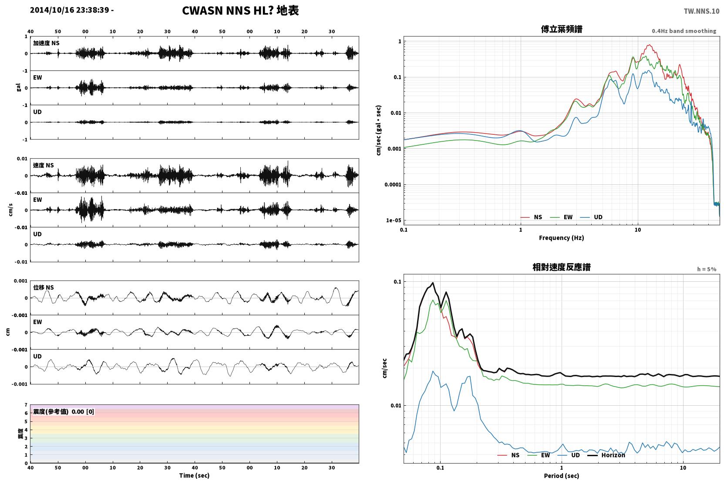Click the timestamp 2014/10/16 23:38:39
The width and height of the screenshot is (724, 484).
click(70, 10)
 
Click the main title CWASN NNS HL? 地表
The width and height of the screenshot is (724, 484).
click(240, 11)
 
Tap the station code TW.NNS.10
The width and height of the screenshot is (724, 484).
click(701, 11)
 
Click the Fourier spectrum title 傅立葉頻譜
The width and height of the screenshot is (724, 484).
click(562, 30)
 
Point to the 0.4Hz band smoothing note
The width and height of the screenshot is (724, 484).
click(684, 31)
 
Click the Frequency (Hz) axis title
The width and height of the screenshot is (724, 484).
click(562, 238)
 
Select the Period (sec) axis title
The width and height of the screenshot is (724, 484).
click(562, 476)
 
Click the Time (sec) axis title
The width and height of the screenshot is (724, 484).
click(194, 475)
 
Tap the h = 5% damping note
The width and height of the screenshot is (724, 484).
click(707, 269)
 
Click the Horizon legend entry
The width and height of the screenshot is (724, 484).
click(613, 455)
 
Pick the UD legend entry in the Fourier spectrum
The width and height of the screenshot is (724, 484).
click(598, 217)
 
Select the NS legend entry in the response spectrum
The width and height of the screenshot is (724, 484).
click(515, 455)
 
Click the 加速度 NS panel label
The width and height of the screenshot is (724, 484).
click(46, 43)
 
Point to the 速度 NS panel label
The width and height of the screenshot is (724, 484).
click(43, 165)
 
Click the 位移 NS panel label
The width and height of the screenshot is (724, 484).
click(43, 287)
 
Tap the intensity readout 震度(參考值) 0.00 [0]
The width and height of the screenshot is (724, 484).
click(64, 412)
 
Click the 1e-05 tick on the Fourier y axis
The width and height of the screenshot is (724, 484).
click(394, 220)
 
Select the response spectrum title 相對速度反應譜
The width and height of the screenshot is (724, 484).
click(562, 267)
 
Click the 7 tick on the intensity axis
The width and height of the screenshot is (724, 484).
click(26, 405)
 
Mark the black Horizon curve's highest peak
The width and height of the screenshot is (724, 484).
click(433, 283)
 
